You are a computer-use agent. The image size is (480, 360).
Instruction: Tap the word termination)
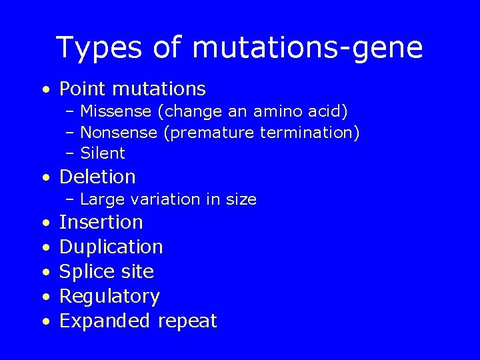pos(310,133)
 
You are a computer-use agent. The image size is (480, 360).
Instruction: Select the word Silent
pos(102,153)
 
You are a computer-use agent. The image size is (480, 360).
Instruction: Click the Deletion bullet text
pos(97,177)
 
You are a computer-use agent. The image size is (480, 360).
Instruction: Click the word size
pos(241,199)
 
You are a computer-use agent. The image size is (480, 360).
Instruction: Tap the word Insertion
pos(101,222)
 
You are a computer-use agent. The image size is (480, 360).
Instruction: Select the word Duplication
pos(111,247)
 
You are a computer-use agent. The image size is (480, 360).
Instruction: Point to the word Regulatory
pos(109,296)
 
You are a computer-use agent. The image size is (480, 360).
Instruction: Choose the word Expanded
pos(105,321)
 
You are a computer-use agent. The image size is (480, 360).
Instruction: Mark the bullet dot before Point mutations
pos(44,89)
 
